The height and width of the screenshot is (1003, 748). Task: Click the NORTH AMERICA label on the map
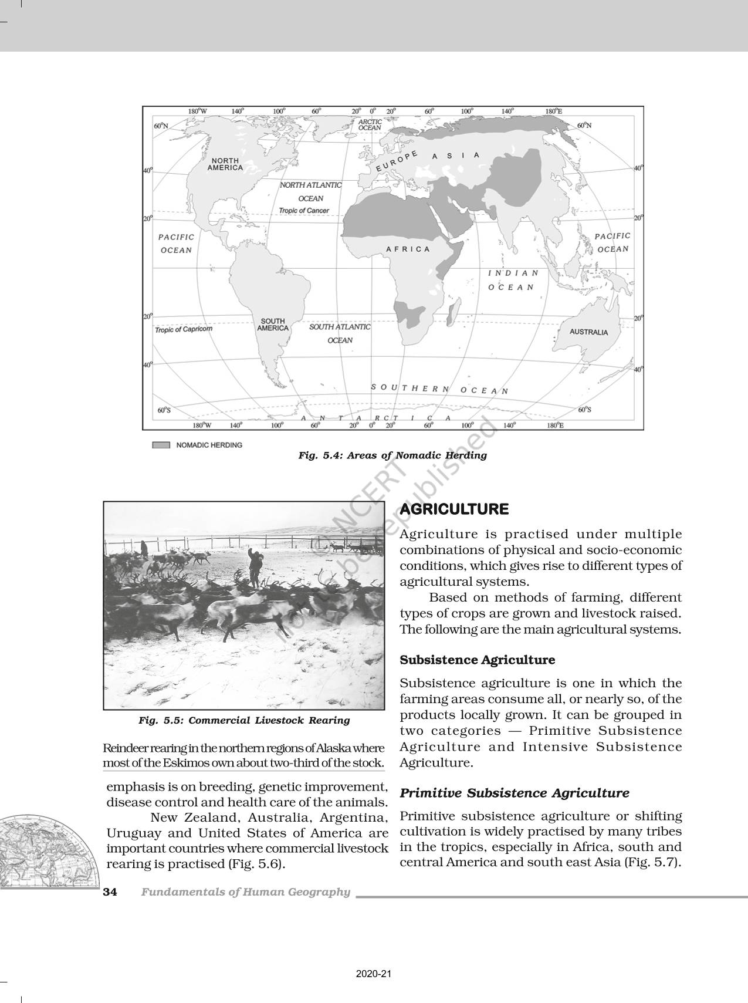[x=225, y=164]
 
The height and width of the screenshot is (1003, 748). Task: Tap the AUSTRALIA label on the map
[x=589, y=332]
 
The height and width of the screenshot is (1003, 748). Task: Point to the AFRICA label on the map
[x=408, y=249]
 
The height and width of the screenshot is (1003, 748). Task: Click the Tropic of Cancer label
[x=304, y=211]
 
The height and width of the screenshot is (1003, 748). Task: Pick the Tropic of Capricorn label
[x=184, y=329]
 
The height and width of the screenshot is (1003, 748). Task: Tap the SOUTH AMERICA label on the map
[x=273, y=325]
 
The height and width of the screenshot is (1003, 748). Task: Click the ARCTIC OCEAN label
[x=370, y=124]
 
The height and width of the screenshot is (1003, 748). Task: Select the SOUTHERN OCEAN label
[x=439, y=389]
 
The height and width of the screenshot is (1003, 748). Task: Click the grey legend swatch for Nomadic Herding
[x=161, y=445]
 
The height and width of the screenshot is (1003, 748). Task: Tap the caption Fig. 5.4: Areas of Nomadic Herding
[x=392, y=455]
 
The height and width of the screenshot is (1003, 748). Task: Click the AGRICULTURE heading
[x=454, y=509]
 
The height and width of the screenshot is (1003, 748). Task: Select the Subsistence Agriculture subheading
[x=477, y=660]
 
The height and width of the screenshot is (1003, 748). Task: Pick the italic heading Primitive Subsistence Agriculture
[x=514, y=793]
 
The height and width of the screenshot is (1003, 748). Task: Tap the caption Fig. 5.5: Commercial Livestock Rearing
[x=244, y=720]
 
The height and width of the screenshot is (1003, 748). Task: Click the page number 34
[x=110, y=892]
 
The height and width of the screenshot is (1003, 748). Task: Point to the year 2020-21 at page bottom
[x=374, y=974]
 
